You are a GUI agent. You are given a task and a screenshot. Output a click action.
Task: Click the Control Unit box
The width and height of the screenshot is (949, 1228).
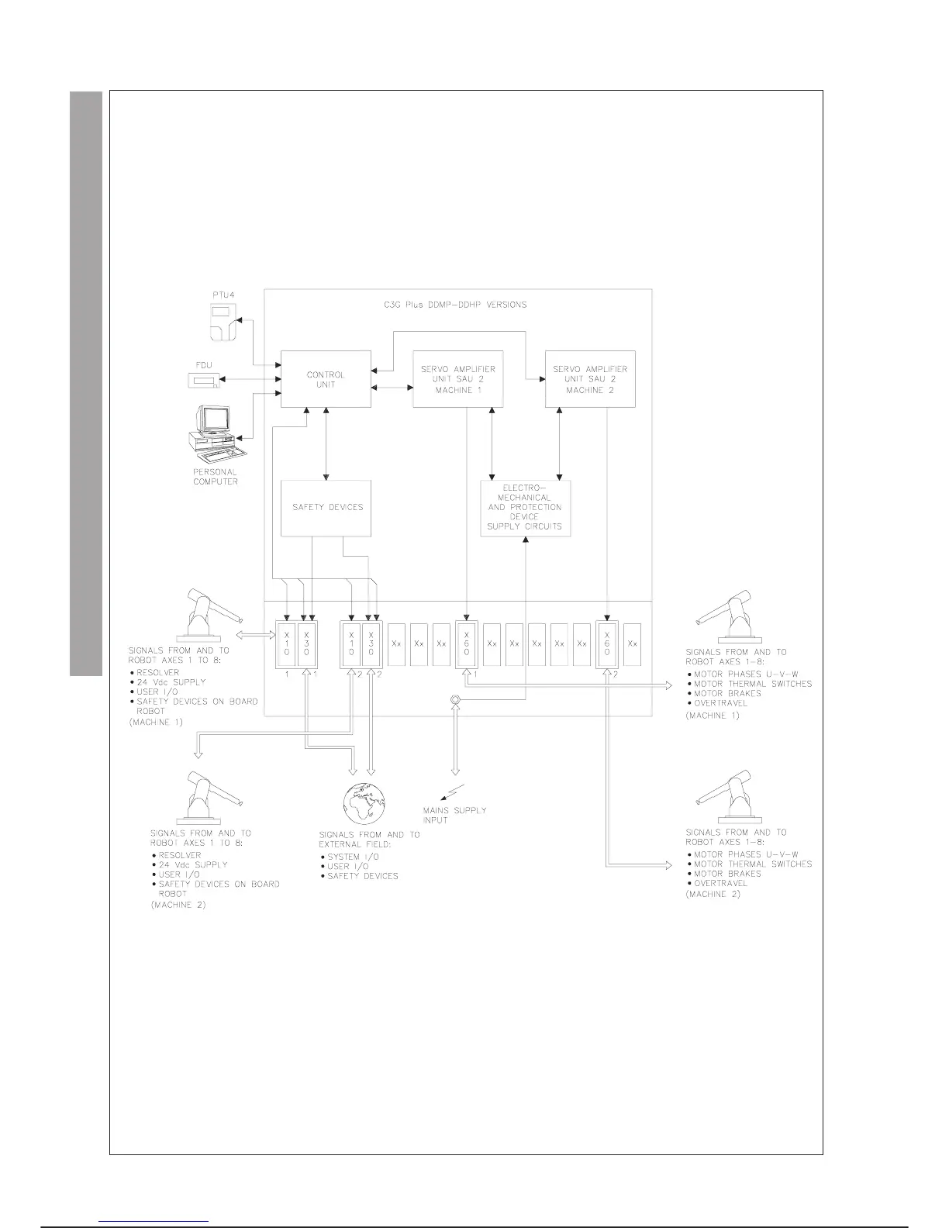coord(326,378)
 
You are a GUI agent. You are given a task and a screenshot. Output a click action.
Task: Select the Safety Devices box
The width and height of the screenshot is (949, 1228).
coord(326,508)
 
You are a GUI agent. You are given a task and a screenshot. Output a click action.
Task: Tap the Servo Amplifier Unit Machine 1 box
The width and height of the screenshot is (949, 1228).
coord(457,378)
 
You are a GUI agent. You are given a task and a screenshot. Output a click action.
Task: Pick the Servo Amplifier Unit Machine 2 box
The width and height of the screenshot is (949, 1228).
coord(590,378)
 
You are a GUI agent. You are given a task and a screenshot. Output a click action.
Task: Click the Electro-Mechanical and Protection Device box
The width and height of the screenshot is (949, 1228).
coord(525,508)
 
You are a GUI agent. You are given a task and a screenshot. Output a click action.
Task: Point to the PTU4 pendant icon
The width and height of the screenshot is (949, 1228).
coord(223,322)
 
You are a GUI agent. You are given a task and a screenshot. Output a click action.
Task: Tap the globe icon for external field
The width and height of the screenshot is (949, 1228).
coord(364,804)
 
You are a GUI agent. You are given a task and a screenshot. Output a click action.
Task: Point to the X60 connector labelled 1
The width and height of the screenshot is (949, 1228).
coord(466,644)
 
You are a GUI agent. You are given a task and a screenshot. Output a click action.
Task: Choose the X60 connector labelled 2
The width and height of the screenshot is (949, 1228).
coord(606,644)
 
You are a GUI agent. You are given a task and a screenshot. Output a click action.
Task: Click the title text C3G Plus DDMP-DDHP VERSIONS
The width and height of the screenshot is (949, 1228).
coord(455,305)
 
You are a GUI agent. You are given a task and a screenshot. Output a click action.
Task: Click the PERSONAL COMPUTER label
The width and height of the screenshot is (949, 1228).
coord(216,477)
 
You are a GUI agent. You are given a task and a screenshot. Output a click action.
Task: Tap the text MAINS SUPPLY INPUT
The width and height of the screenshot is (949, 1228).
coord(454,815)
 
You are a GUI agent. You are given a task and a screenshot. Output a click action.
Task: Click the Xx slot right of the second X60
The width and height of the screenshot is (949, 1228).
coord(632,644)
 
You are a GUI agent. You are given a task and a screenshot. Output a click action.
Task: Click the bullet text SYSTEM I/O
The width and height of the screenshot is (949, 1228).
coord(354,857)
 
